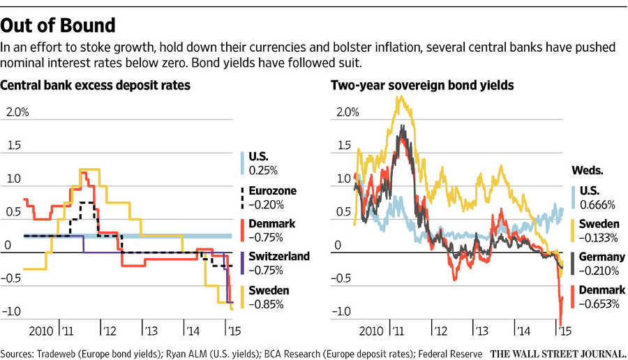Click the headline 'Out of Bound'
pos(59,26)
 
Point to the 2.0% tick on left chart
pos(18,112)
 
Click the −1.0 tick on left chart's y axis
pos(17,311)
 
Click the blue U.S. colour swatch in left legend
pos(241,163)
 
